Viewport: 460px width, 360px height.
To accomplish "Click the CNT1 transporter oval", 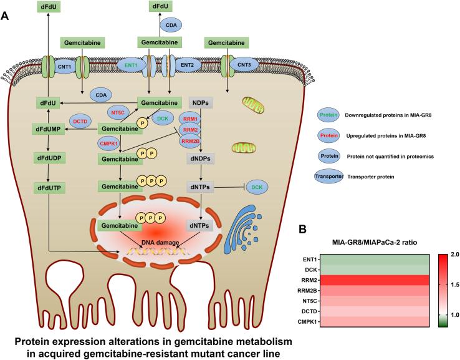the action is tap(64, 67).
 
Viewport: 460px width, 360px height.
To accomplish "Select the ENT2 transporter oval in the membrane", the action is tap(187, 65).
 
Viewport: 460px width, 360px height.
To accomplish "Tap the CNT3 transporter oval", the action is tap(244, 65).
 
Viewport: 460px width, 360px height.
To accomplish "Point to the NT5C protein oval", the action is tap(118, 112).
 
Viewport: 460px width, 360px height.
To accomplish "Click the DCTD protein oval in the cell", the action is tap(80, 121).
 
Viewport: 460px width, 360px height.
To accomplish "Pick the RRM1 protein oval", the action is tap(190, 119).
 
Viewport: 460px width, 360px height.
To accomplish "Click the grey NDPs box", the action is tap(200, 103).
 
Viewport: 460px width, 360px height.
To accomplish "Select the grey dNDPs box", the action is tap(200, 158).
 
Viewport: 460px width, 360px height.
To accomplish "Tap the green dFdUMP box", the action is tap(48, 129).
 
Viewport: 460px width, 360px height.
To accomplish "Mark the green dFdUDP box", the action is tap(49, 158).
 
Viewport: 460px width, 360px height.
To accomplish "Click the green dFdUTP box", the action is tap(49, 188).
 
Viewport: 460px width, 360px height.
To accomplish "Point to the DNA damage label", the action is tap(160, 243).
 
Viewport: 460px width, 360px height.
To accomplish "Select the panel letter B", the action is tap(303, 230).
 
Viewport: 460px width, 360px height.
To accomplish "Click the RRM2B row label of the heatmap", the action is tap(309, 291).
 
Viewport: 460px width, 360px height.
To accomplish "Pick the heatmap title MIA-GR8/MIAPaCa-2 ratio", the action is tap(375, 243).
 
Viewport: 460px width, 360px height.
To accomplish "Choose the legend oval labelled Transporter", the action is tap(328, 177).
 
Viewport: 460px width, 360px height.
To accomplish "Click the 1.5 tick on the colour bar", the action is tap(455, 285).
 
